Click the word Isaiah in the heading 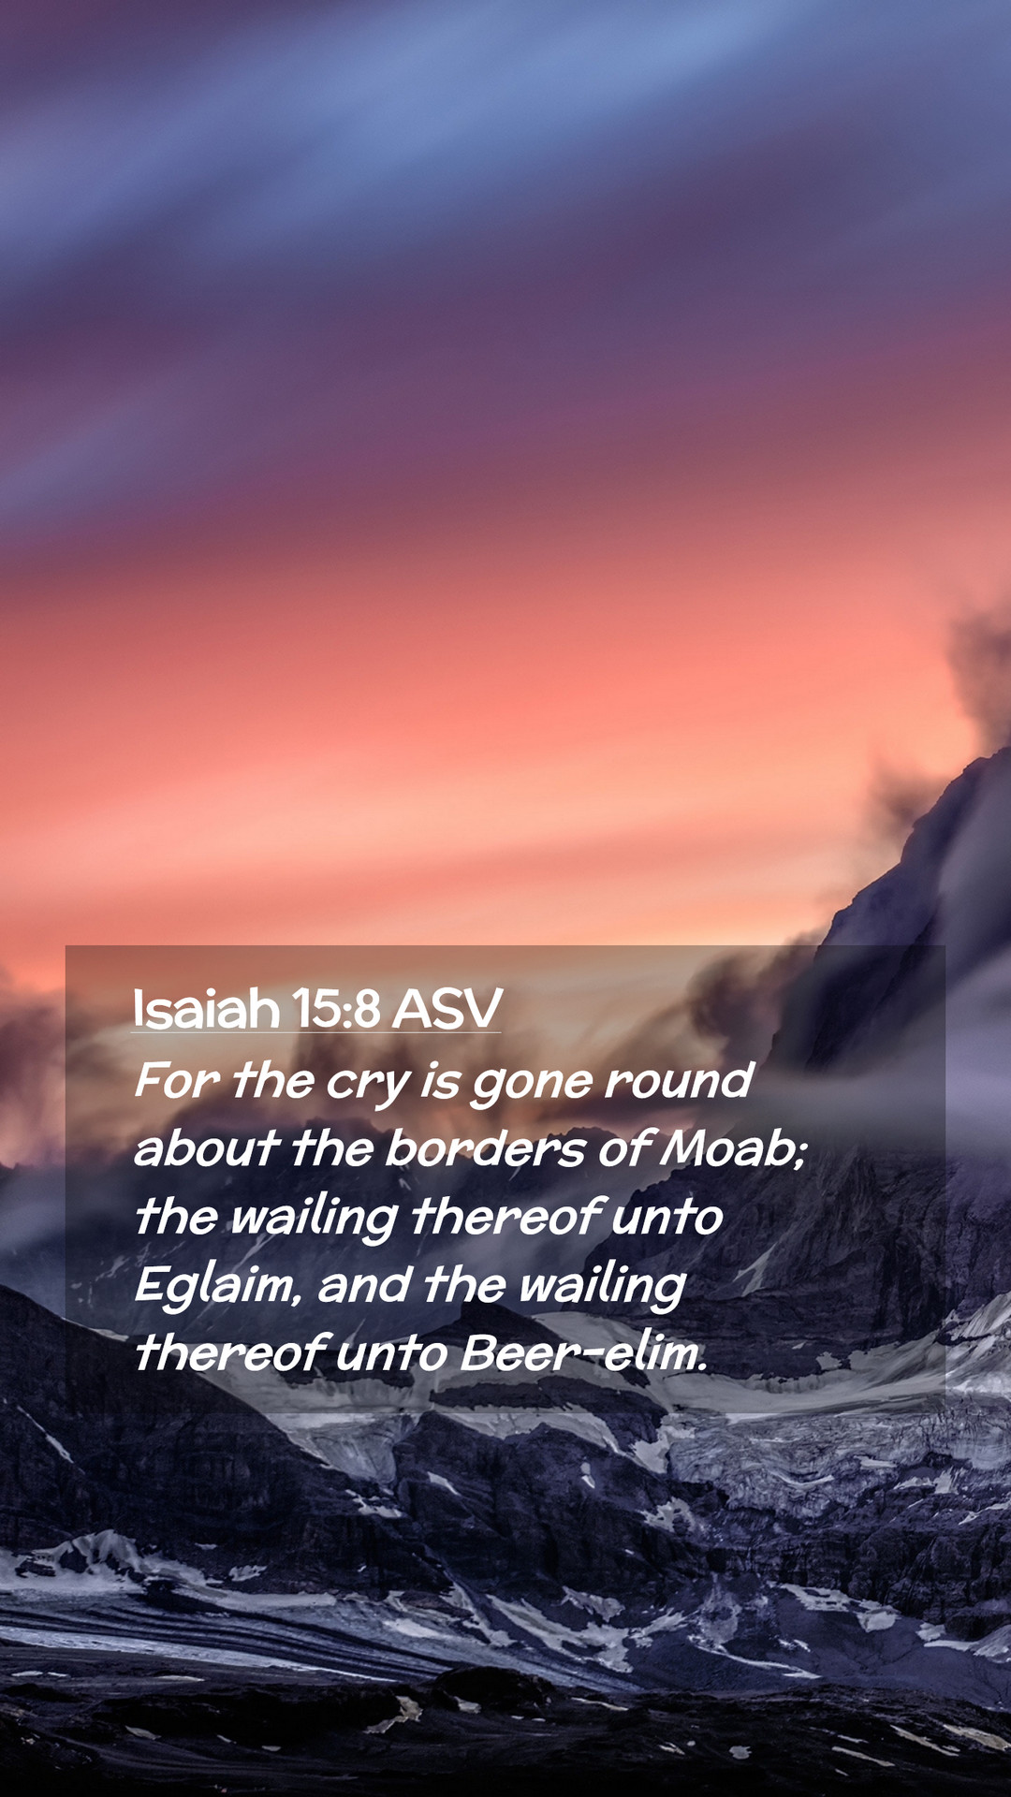click(206, 1009)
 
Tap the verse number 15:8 click(336, 1009)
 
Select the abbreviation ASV click(447, 1009)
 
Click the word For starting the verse click(177, 1080)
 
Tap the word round click(679, 1080)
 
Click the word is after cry click(440, 1080)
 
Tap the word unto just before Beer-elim click(392, 1353)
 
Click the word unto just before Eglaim click(667, 1217)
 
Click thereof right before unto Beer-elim click(229, 1352)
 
